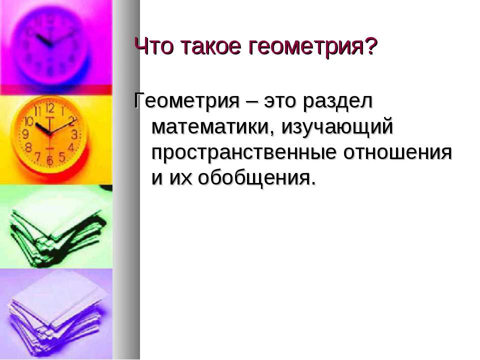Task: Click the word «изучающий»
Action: [337, 127]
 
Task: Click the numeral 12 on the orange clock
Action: [49, 108]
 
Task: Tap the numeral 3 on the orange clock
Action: [75, 134]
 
